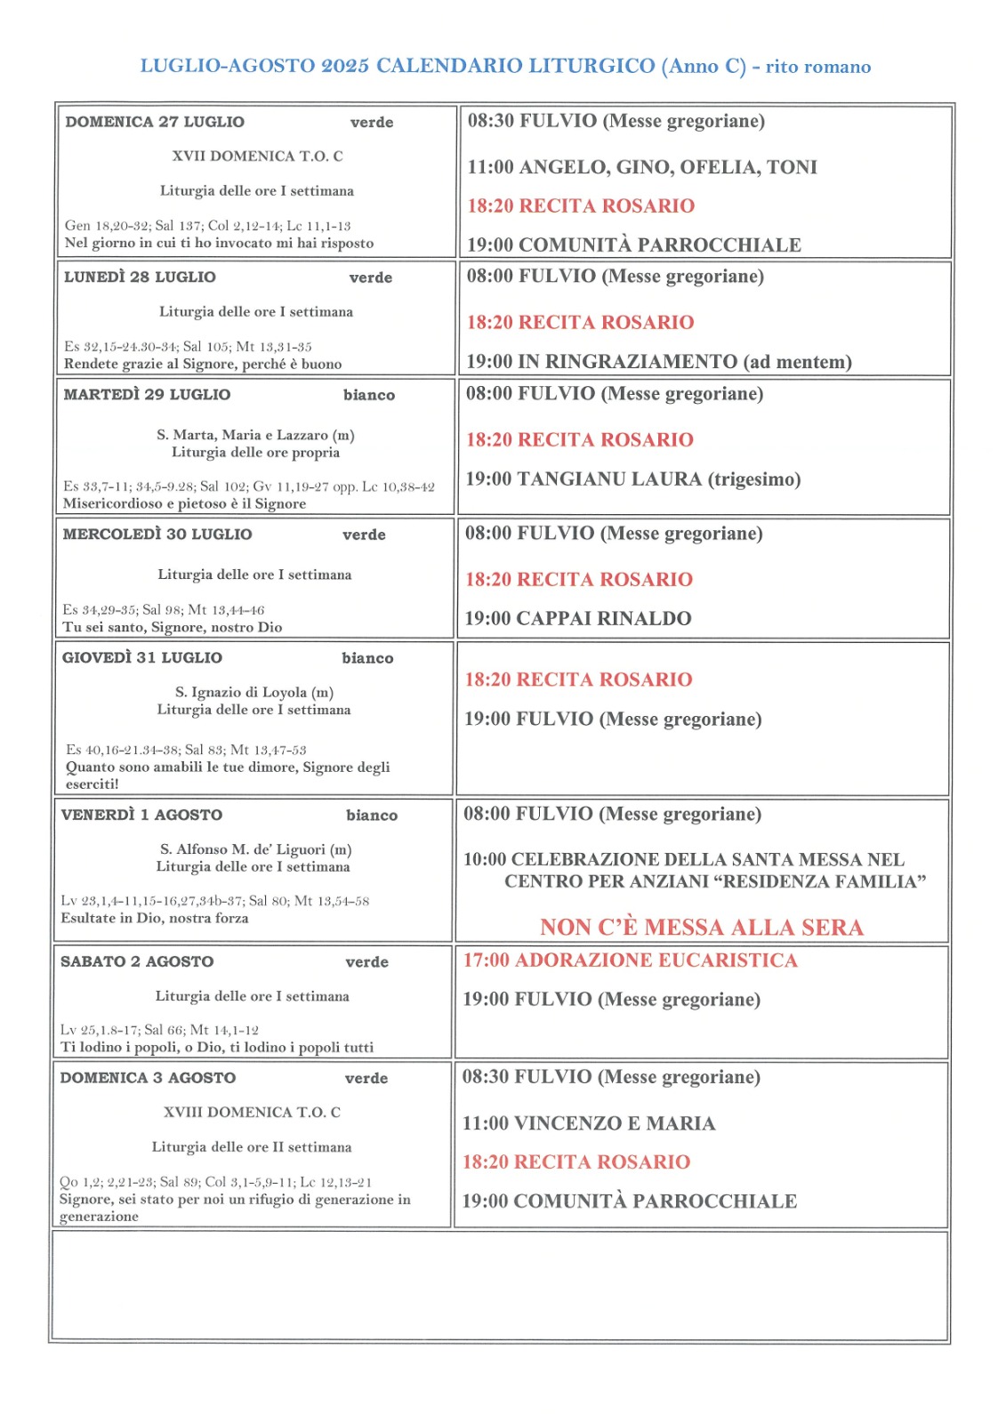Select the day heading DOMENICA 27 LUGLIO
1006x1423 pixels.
pyautogui.click(x=155, y=122)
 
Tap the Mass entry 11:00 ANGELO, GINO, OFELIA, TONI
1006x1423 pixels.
pyautogui.click(x=642, y=167)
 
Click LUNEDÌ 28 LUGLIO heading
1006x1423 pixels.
pyautogui.click(x=140, y=277)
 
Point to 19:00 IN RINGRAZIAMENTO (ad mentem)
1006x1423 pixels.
pyautogui.click(x=659, y=362)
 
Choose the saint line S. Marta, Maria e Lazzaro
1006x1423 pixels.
pyautogui.click(x=255, y=435)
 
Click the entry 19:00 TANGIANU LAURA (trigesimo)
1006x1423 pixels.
pyautogui.click(x=633, y=479)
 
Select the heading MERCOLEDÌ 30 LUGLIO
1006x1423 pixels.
pyautogui.click(x=157, y=535)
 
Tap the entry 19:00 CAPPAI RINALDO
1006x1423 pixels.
pyautogui.click(x=578, y=619)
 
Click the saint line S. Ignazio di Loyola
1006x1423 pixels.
pyautogui.click(x=254, y=692)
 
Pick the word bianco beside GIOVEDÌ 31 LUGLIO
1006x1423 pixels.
pyautogui.click(x=367, y=658)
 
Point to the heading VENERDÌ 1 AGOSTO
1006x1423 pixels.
pyautogui.click(x=142, y=815)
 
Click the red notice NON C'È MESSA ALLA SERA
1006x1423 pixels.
pyautogui.click(x=702, y=928)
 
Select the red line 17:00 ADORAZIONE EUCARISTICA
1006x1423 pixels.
pyautogui.click(x=631, y=961)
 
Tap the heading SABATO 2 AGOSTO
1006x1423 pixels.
pyautogui.click(x=137, y=961)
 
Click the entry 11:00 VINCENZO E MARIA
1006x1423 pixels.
pyautogui.click(x=589, y=1123)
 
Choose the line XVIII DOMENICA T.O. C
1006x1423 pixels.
pyautogui.click(x=252, y=1113)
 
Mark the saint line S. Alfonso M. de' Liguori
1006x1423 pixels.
pyautogui.click(x=256, y=849)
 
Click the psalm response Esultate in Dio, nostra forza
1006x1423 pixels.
pyautogui.click(x=155, y=918)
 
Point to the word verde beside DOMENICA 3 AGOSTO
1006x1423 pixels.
pyautogui.click(x=366, y=1078)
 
